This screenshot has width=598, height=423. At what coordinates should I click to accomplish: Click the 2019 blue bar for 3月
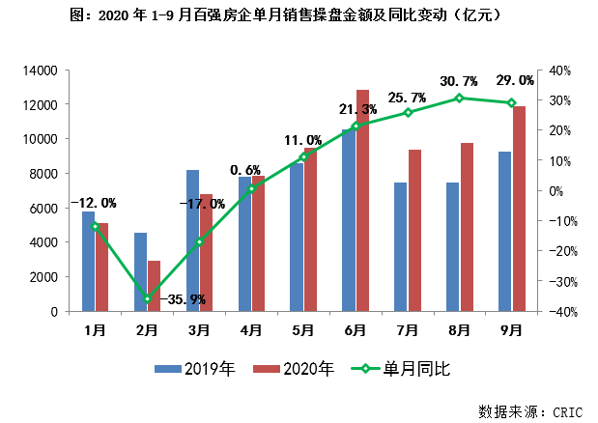[x=192, y=240]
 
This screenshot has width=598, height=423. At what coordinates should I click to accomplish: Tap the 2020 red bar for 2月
[x=154, y=286]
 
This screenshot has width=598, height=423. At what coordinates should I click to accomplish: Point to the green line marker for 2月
[x=147, y=299]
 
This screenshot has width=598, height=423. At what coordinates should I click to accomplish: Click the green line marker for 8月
[x=459, y=98]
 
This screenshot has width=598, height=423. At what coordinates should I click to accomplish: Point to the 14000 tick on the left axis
[x=43, y=70]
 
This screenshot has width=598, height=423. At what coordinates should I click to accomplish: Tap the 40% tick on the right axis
[x=560, y=70]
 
